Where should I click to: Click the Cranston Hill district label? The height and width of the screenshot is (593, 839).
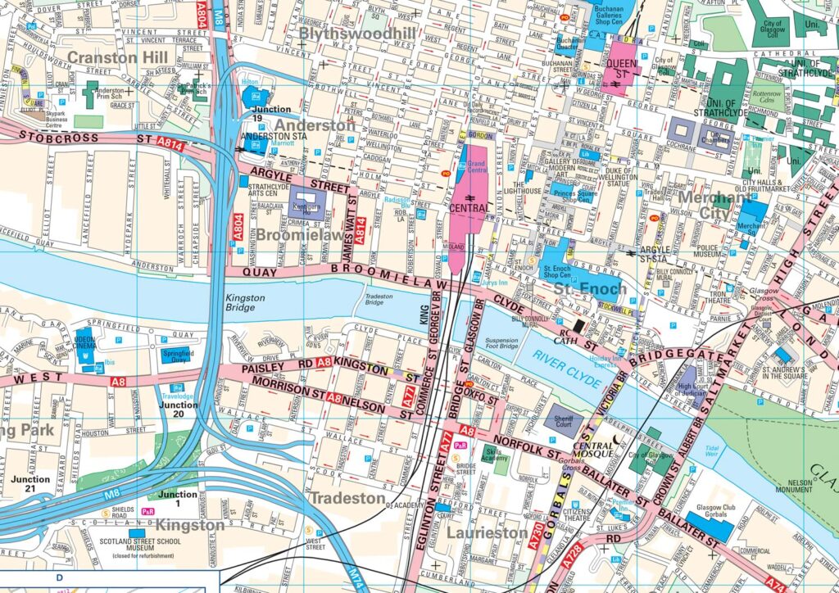pos(117,57)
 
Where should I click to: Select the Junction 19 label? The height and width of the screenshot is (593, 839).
pos(271,113)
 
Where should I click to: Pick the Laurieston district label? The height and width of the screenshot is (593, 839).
pos(488,532)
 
